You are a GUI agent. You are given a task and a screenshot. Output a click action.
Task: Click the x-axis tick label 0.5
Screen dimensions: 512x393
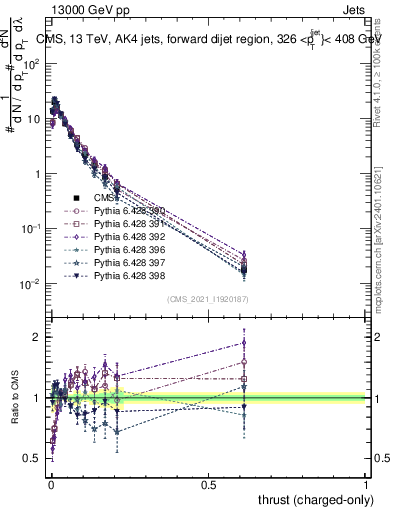[x=208, y=483]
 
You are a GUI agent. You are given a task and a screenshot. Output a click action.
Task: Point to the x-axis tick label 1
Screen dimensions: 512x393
[x=366, y=483]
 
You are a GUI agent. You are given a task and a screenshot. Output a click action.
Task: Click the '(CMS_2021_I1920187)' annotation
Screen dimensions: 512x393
[x=207, y=299]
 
